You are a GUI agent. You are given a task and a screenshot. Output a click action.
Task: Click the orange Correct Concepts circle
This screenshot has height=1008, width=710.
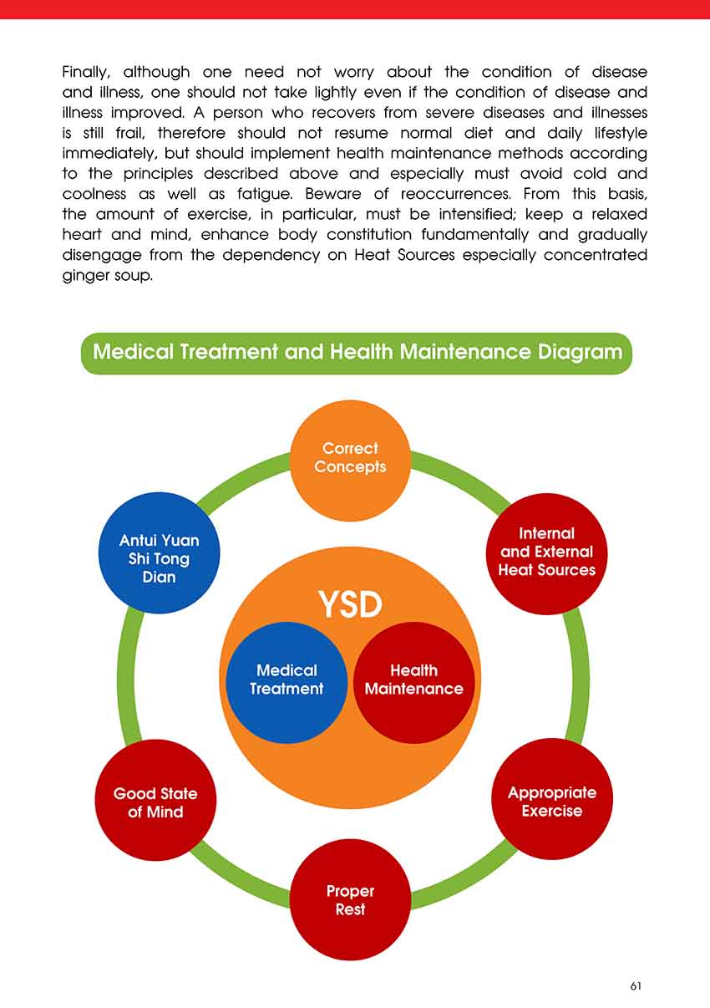[350, 459]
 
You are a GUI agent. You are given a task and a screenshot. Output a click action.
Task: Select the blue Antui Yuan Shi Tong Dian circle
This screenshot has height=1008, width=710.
[159, 552]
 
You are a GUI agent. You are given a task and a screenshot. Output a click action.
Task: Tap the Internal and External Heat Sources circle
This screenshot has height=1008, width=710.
[546, 552]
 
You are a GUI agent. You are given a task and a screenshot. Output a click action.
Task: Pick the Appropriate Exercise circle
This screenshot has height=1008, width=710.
[551, 800]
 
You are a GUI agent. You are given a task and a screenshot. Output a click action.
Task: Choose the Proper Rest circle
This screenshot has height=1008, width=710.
[350, 900]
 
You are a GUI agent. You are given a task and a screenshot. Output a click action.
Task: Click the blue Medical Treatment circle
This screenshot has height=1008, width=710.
[286, 680]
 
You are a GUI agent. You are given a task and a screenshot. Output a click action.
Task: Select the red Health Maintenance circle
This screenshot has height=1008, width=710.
[414, 680]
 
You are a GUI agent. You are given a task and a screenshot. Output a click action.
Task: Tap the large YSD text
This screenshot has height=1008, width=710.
[350, 604]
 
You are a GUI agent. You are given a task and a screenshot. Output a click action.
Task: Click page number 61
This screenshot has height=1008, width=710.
[636, 986]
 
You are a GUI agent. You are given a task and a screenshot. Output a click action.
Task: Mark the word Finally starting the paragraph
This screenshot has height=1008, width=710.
[85, 73]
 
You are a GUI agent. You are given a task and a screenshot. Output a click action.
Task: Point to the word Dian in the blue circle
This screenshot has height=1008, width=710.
[159, 577]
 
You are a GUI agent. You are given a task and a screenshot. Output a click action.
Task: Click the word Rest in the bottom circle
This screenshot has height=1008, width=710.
[350, 909]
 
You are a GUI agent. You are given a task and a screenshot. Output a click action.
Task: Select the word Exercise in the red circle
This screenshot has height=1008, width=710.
[551, 811]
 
